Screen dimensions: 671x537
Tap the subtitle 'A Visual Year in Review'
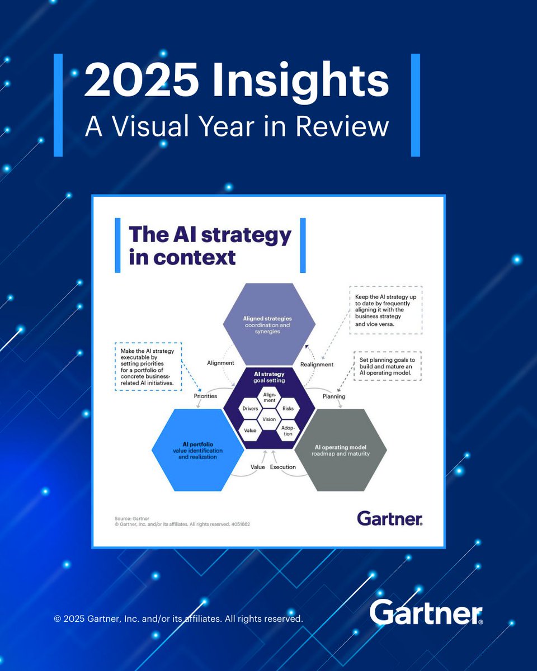coord(236,126)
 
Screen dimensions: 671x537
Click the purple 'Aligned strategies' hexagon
coord(267,324)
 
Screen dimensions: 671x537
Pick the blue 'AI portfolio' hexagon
coord(197,450)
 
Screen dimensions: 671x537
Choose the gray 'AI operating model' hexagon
coord(340,450)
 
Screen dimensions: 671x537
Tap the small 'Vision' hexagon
coord(269,419)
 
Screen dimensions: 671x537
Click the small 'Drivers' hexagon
coord(249,409)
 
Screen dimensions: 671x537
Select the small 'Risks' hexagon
coord(288,409)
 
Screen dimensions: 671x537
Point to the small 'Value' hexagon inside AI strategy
coord(249,430)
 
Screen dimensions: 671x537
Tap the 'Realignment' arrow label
coord(317,365)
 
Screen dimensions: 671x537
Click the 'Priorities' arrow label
coord(205,396)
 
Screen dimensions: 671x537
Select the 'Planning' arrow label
coord(334,396)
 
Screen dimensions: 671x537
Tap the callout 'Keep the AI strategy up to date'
coord(385,310)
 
